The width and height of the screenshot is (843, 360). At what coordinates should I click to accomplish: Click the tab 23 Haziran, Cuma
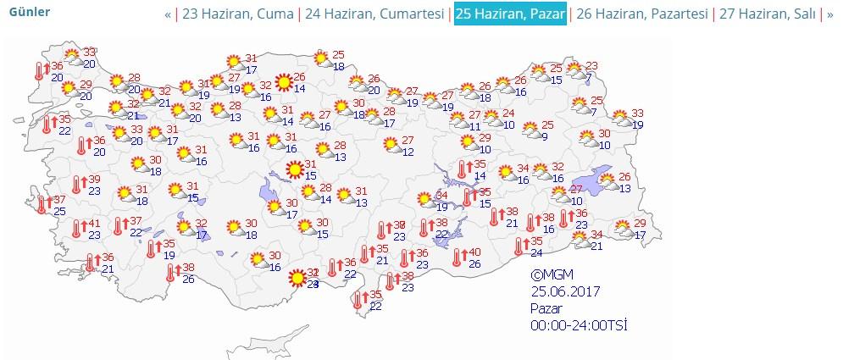[x=238, y=14]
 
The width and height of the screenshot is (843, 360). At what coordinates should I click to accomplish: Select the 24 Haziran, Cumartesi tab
[x=374, y=14]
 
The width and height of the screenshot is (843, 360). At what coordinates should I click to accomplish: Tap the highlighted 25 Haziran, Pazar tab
[x=510, y=14]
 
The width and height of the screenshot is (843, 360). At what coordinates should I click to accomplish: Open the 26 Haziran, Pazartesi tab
[x=641, y=14]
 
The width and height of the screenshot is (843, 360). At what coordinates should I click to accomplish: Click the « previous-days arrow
[x=168, y=14]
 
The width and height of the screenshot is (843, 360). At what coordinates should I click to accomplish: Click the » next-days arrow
[x=829, y=14]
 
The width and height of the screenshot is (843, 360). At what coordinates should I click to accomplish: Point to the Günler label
[x=30, y=12]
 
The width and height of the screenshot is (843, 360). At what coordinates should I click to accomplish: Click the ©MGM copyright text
[x=552, y=274]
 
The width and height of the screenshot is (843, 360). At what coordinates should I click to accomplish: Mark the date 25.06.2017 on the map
[x=565, y=291]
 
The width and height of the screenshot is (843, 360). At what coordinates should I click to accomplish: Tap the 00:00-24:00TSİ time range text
[x=579, y=324]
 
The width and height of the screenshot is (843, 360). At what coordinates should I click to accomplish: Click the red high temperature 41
[x=95, y=224]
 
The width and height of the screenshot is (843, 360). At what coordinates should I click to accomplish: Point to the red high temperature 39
[x=95, y=179]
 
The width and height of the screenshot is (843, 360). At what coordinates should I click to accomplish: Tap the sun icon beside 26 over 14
[x=280, y=81]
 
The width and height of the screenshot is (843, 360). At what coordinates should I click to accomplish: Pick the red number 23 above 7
[x=591, y=66]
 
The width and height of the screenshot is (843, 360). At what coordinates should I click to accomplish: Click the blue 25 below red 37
[x=59, y=210]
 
